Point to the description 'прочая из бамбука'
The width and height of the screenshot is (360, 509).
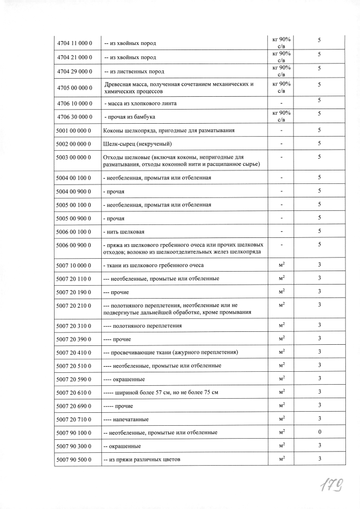point(130,117)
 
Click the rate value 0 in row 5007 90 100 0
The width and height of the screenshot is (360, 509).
point(319,432)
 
